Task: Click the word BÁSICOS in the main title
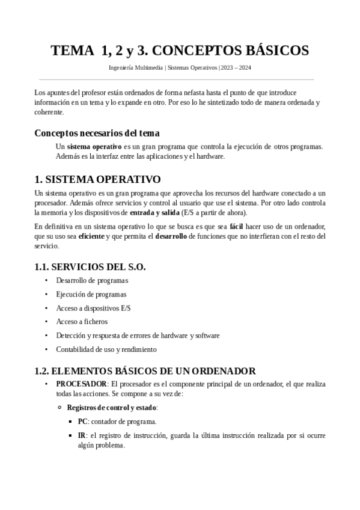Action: tap(275, 51)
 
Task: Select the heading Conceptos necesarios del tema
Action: tap(97, 133)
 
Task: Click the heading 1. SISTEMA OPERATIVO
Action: tap(97, 179)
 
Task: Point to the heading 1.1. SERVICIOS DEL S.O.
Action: tap(90, 266)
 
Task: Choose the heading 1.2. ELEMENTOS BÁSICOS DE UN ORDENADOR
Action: tap(145, 370)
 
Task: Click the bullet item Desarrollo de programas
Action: tap(92, 281)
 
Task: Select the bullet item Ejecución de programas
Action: tap(91, 295)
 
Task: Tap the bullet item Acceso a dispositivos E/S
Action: tap(93, 308)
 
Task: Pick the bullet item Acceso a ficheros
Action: tap(82, 322)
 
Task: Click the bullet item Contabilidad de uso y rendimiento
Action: tap(106, 349)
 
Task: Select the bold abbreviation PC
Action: tap(82, 422)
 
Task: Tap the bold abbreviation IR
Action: tap(82, 435)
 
